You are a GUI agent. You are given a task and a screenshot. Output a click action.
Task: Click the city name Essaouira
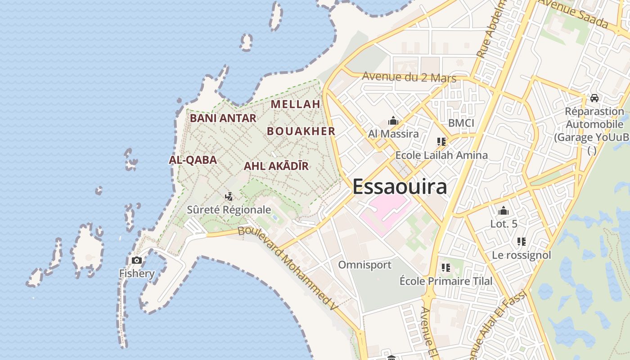(400, 187)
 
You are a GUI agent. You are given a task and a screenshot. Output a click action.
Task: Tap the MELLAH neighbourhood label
(295, 104)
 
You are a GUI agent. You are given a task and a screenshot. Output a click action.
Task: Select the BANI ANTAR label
(223, 118)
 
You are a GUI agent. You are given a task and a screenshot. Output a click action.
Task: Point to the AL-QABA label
(193, 160)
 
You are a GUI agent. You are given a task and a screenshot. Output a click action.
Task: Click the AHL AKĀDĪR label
(276, 166)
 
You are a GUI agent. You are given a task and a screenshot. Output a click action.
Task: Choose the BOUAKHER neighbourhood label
(301, 131)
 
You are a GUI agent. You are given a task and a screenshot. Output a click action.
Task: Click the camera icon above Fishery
(137, 260)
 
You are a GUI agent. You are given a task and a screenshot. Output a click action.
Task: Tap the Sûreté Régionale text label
(229, 210)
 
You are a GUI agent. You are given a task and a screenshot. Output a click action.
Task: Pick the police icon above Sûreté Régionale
(229, 196)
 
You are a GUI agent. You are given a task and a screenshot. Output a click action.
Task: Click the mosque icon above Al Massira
(393, 121)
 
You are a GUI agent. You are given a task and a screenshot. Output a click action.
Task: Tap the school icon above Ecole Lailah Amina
(441, 142)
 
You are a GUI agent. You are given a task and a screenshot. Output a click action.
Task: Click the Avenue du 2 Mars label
(409, 77)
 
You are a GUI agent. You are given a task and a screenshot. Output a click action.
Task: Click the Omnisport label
(364, 265)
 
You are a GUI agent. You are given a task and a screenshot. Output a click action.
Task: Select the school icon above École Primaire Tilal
(446, 268)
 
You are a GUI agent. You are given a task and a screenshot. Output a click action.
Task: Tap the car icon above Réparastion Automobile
(594, 98)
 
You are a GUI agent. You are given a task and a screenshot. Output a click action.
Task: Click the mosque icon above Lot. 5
(503, 211)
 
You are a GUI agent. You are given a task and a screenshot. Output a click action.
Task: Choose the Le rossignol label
(521, 255)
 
